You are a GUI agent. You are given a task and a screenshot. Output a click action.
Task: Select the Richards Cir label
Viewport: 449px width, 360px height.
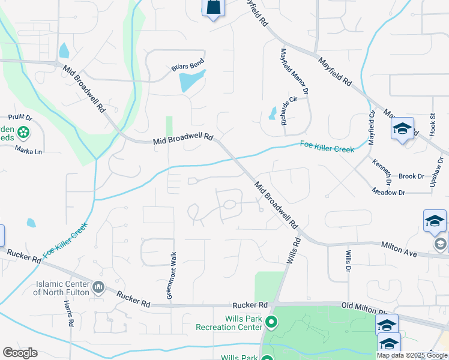click(289, 110)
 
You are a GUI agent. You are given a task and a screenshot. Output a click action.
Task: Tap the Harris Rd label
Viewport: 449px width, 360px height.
click(70, 314)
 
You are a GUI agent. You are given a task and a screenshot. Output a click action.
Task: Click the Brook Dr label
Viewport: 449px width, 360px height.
click(411, 176)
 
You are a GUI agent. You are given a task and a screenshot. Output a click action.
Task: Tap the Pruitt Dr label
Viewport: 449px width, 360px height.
click(19, 118)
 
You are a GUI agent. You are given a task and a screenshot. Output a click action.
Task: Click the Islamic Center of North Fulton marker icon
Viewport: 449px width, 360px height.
click(99, 289)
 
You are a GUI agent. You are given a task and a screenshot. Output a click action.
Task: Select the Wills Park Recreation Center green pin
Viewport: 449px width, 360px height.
click(271, 323)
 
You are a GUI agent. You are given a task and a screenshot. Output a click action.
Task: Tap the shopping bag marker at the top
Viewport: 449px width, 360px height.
click(212, 8)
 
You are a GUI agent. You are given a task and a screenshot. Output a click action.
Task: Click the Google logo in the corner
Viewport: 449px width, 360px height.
click(20, 353)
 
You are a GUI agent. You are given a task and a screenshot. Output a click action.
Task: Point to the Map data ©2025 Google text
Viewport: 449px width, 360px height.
click(412, 355)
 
